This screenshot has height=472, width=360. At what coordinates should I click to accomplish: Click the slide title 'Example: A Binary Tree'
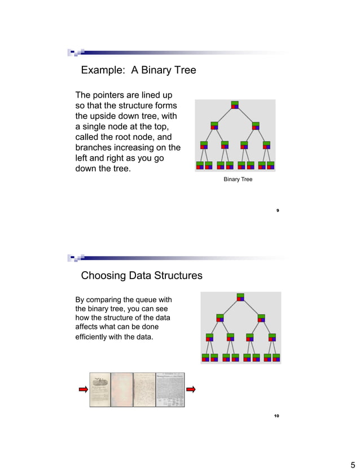pyautogui.click(x=138, y=70)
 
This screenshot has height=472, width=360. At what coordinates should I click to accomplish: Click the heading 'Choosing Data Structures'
pyautogui.click(x=142, y=276)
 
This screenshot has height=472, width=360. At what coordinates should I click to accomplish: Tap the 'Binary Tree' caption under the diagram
pyautogui.click(x=238, y=179)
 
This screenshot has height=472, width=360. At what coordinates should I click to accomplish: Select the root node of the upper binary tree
pyautogui.click(x=235, y=105)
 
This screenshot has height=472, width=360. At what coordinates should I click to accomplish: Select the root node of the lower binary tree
pyautogui.click(x=240, y=297)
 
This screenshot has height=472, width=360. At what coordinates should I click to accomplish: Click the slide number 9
pyautogui.click(x=277, y=210)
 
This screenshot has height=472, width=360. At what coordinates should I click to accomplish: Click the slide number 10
pyautogui.click(x=276, y=416)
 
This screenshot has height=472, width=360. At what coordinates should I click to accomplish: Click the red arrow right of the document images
pyautogui.click(x=191, y=389)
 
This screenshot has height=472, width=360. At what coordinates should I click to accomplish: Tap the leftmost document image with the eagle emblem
pyautogui.click(x=100, y=389)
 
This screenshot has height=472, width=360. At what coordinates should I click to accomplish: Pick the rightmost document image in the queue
pyautogui.click(x=170, y=389)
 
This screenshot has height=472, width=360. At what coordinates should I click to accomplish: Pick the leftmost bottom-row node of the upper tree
pyautogui.click(x=200, y=165)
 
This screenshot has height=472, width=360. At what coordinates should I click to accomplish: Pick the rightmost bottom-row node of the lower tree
pyautogui.click(x=276, y=358)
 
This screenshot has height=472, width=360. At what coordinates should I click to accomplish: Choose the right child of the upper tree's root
pyautogui.click(x=256, y=125)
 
